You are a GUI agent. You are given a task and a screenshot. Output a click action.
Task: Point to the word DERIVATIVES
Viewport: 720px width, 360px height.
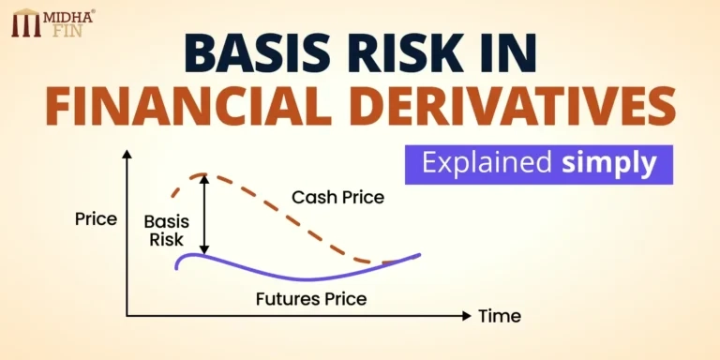coord(519,109)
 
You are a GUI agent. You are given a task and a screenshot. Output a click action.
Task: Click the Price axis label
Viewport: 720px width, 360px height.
coord(96,219)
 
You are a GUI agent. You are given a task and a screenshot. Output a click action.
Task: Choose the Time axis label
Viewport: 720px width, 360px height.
coord(500,316)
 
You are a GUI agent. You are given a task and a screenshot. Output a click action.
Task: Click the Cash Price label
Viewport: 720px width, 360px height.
coord(337,198)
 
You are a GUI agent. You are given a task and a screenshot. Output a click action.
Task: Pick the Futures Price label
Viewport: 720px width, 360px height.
coord(310,299)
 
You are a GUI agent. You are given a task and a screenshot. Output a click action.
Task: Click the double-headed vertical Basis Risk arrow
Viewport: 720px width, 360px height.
coord(204,216)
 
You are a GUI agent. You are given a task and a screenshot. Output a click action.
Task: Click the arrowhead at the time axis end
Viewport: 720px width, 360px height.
coord(467,316)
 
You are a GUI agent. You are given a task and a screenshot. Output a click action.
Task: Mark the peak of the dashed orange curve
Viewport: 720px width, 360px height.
coord(199,175)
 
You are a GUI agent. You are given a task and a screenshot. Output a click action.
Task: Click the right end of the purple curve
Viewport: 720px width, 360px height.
coord(418,254)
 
